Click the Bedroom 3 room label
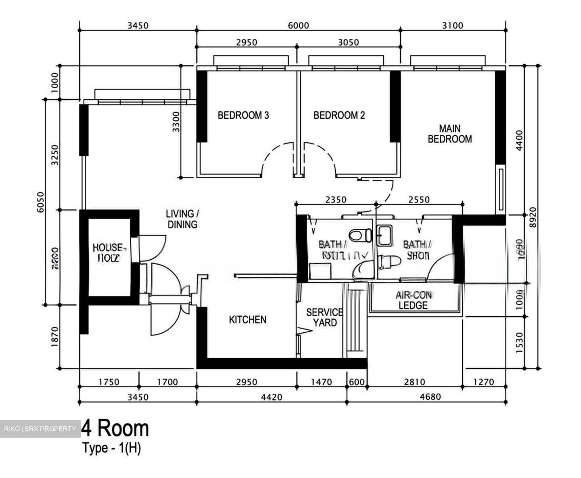pos(243,115)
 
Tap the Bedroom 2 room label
pos(339,115)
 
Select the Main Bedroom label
pos(449,134)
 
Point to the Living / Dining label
pos(182,219)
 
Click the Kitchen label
pos(248,320)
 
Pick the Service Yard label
pos(325,317)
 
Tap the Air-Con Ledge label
pos(413,300)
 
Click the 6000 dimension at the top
pos(299,26)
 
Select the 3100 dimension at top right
pos(453,26)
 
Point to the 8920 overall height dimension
pos(533,217)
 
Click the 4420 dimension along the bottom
pos(272,397)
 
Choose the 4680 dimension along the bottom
pos(430,397)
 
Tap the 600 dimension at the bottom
pos(357,382)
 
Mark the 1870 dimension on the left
pos(55,337)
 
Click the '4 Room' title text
pos(115,428)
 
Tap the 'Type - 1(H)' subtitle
pos(112,448)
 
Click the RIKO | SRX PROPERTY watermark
pos(40,429)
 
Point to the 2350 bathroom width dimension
pos(336,200)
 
